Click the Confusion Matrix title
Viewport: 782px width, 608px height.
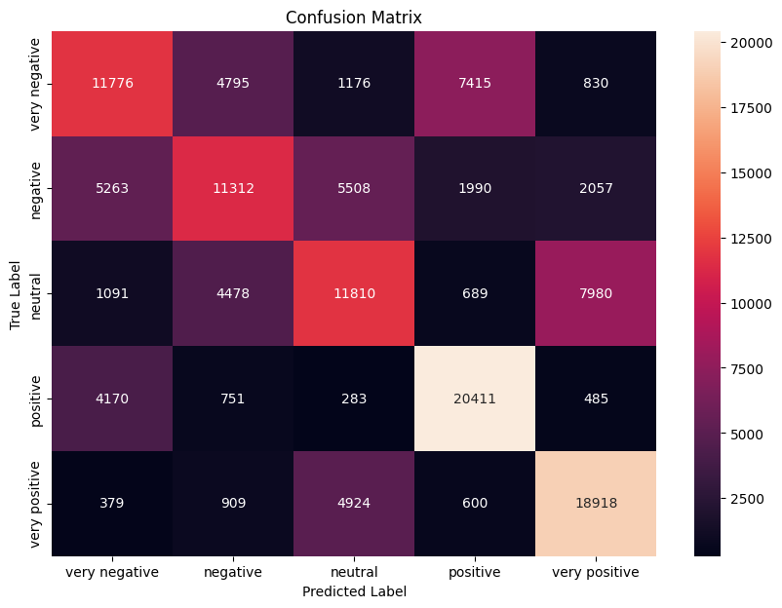click(353, 18)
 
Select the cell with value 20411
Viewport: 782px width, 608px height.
click(474, 399)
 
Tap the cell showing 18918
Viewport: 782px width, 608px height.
click(595, 504)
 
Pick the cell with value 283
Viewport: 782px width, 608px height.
click(353, 399)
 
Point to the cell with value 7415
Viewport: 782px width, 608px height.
click(474, 83)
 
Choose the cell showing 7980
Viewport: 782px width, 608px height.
click(595, 293)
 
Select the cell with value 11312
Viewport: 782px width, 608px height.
click(232, 188)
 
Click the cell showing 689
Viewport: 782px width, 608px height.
click(474, 293)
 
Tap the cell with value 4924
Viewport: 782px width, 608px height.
click(353, 504)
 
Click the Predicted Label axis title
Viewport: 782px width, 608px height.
click(353, 591)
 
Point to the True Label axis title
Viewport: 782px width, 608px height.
click(16, 293)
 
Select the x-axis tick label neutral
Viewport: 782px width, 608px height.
click(353, 573)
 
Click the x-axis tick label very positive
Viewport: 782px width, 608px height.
click(595, 573)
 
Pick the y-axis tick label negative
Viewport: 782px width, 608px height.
click(36, 188)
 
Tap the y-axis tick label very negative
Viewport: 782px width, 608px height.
click(36, 83)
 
